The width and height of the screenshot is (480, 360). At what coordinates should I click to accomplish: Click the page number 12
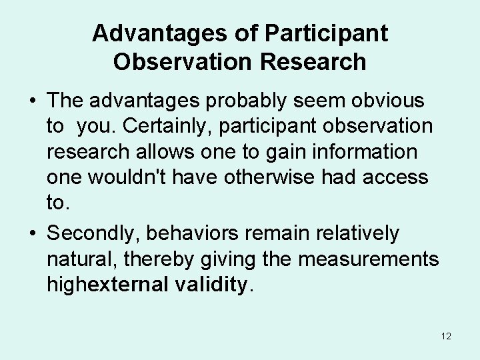pyautogui.click(x=446, y=336)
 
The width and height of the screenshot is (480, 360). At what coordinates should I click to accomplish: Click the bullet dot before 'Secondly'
pyautogui.click(x=33, y=234)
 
